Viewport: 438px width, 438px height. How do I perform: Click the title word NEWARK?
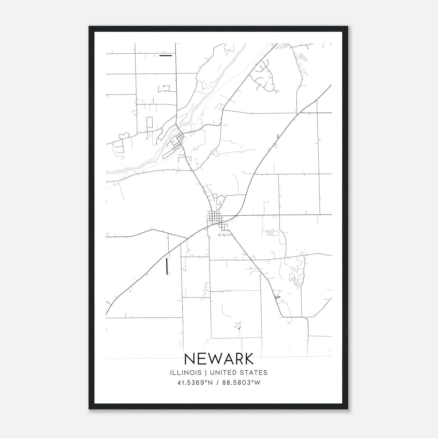pos(219,359)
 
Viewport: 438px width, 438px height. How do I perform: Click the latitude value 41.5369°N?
pos(195,383)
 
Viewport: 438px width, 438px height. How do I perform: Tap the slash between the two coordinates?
pos(218,383)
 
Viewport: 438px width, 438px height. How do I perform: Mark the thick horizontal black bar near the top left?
pos(166,56)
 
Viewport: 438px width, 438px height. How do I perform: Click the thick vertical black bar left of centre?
pos(167,266)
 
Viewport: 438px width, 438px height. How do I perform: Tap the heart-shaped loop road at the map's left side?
pos(124,136)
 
